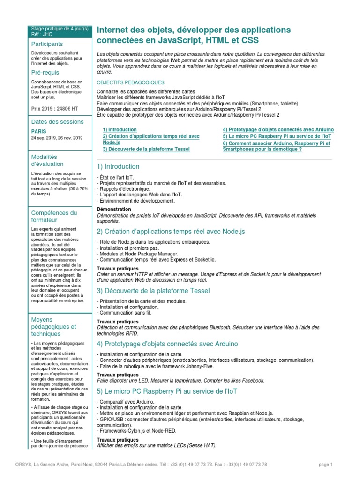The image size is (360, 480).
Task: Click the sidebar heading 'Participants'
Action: pos(47,44)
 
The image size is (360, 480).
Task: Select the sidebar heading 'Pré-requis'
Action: pos(45,73)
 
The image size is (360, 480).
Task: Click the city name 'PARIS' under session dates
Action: pos(39,132)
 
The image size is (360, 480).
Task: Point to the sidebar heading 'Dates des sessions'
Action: pos(57,122)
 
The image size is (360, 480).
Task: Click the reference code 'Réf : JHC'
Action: pos(42,34)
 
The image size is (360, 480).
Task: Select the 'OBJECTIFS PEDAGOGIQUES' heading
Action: pos(127,82)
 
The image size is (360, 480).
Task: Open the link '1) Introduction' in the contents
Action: pos(120,129)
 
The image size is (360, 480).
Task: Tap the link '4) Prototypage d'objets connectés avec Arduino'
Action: pos(278,129)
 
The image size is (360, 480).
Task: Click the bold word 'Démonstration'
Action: pos(114,209)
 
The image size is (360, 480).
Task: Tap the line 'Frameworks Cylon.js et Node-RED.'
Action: pos(136,431)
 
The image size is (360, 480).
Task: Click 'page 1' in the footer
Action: pos(325,465)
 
